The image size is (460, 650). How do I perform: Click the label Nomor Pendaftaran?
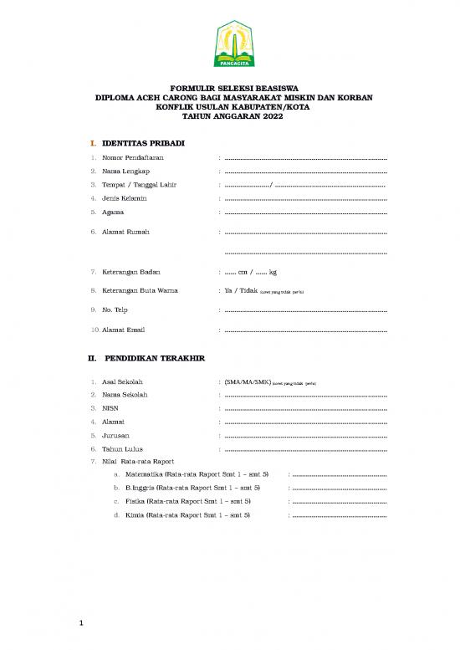pos(133,157)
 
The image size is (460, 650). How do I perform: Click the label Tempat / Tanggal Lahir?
pos(139,184)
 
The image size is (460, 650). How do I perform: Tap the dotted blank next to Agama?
pos(305,212)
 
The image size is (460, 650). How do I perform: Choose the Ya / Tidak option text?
pos(240,291)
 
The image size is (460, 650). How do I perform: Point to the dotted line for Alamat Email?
pos(305,330)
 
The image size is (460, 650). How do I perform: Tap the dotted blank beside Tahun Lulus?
pos(305,449)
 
